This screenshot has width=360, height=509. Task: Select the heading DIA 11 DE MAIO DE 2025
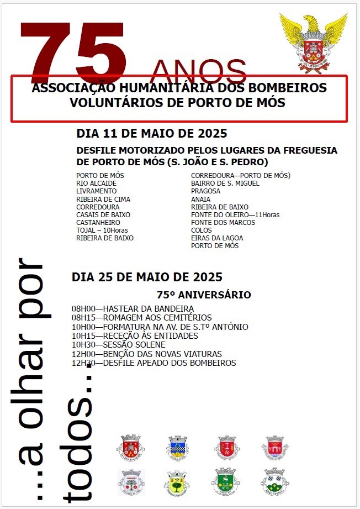152,134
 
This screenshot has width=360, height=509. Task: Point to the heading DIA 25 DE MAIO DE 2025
147,277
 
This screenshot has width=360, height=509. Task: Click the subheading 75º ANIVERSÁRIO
204,295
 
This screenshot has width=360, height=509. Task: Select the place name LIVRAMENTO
97,191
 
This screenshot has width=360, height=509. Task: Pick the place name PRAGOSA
205,191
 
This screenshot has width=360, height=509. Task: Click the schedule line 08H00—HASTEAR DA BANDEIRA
133,308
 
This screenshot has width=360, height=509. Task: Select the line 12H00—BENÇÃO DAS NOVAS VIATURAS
146,354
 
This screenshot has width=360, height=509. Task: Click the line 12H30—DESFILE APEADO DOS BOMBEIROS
153,363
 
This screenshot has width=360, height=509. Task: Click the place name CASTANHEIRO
98,222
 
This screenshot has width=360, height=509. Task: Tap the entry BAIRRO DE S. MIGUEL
225,183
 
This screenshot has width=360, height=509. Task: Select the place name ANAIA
200,199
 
